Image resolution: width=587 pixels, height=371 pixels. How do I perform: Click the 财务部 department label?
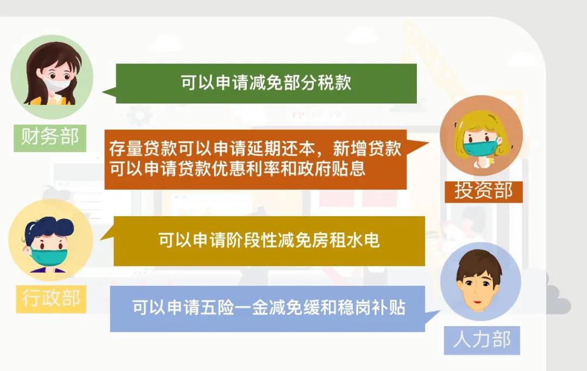coord(50,138)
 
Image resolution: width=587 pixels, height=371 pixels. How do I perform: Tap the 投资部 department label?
coord(483,192)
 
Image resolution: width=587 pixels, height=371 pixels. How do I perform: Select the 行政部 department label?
coord(51,299)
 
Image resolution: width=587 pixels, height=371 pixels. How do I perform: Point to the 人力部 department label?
coord(482,340)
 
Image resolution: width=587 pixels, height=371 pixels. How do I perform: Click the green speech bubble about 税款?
coord(266,84)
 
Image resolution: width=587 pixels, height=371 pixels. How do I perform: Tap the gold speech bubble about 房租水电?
coord(269,241)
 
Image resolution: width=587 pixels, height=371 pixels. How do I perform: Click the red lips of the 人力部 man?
coord(477,302)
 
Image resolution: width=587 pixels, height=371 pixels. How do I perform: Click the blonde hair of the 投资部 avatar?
coord(483,128)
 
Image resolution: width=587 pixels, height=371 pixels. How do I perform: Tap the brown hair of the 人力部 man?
coord(479,263)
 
